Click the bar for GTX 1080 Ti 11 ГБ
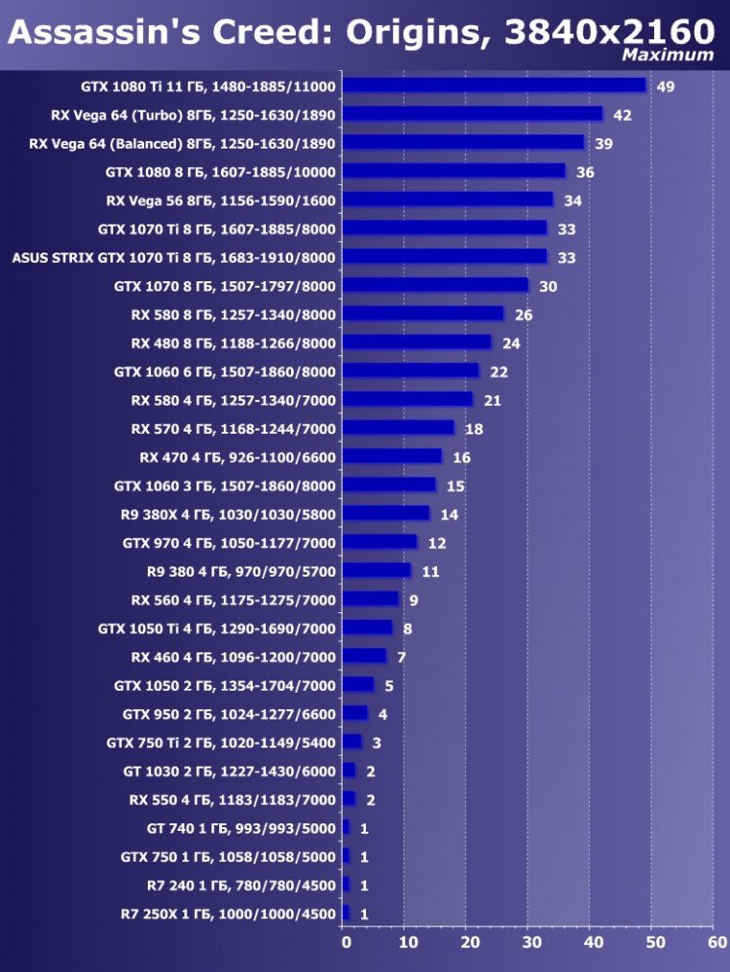494,85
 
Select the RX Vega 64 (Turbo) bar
472,114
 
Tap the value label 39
604,144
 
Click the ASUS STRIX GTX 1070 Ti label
173,257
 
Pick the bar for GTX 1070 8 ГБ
435,285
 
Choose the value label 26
523,315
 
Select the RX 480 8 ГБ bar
417,343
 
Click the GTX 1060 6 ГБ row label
225,371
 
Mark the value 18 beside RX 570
474,429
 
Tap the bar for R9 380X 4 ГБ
386,513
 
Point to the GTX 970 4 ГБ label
229,543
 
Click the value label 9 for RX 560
413,601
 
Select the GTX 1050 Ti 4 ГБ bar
367,628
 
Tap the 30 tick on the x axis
531,942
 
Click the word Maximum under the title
668,55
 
